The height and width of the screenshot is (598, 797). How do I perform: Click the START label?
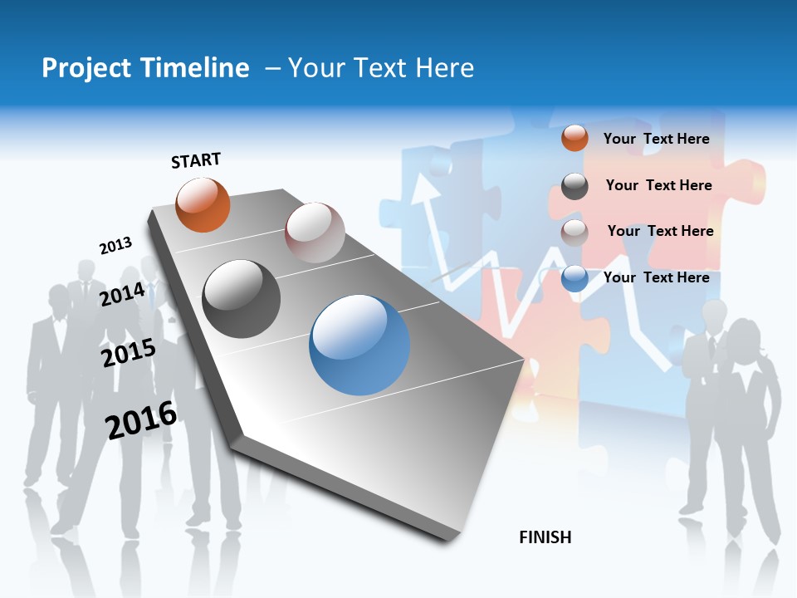tap(196, 160)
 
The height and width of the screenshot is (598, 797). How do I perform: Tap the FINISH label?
tap(545, 537)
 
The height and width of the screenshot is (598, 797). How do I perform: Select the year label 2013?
tap(115, 246)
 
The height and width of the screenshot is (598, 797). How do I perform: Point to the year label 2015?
tap(128, 353)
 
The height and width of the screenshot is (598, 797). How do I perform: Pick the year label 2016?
tap(141, 420)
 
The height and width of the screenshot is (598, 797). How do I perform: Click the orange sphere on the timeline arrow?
tap(203, 204)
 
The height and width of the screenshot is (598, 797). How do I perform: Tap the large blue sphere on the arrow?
tap(359, 345)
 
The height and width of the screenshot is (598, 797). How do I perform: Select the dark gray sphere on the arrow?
tap(242, 299)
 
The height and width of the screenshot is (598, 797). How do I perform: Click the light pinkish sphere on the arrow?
tap(315, 233)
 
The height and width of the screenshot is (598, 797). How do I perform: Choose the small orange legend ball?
tap(575, 139)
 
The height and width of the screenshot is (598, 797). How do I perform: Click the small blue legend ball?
tap(575, 277)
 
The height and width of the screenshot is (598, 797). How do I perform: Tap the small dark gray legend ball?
tap(575, 186)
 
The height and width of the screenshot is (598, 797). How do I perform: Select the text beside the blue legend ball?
tap(656, 277)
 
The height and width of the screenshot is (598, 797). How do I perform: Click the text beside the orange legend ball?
tap(656, 139)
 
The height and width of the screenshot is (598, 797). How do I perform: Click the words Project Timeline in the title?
tap(145, 68)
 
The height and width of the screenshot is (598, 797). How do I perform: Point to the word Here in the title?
tap(444, 68)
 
